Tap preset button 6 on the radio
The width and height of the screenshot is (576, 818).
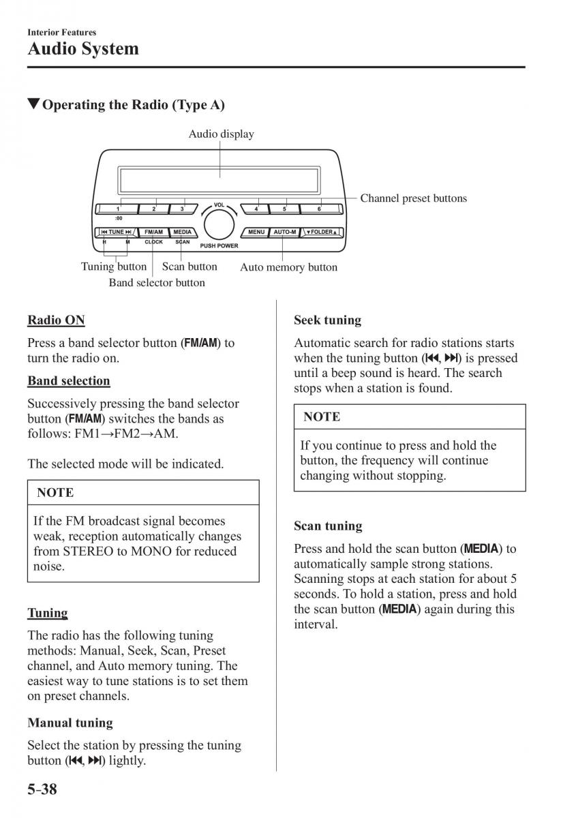click(x=319, y=209)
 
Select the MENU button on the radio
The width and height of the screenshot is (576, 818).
click(x=256, y=232)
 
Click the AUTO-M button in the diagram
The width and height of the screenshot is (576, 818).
click(x=284, y=232)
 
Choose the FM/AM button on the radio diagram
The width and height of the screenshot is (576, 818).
click(x=153, y=232)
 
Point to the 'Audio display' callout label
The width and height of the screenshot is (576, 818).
click(x=221, y=134)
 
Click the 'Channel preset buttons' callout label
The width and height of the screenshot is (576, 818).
click(x=413, y=198)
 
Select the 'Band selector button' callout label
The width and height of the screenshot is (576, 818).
click(x=157, y=282)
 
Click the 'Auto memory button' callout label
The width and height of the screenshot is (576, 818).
click(x=288, y=267)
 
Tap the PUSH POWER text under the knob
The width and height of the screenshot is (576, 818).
click(x=219, y=245)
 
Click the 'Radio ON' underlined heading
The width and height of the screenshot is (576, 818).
click(x=56, y=320)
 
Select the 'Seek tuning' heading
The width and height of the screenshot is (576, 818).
click(x=327, y=320)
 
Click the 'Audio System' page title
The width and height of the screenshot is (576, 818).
click(x=83, y=49)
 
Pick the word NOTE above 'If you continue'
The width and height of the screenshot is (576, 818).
click(x=322, y=416)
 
